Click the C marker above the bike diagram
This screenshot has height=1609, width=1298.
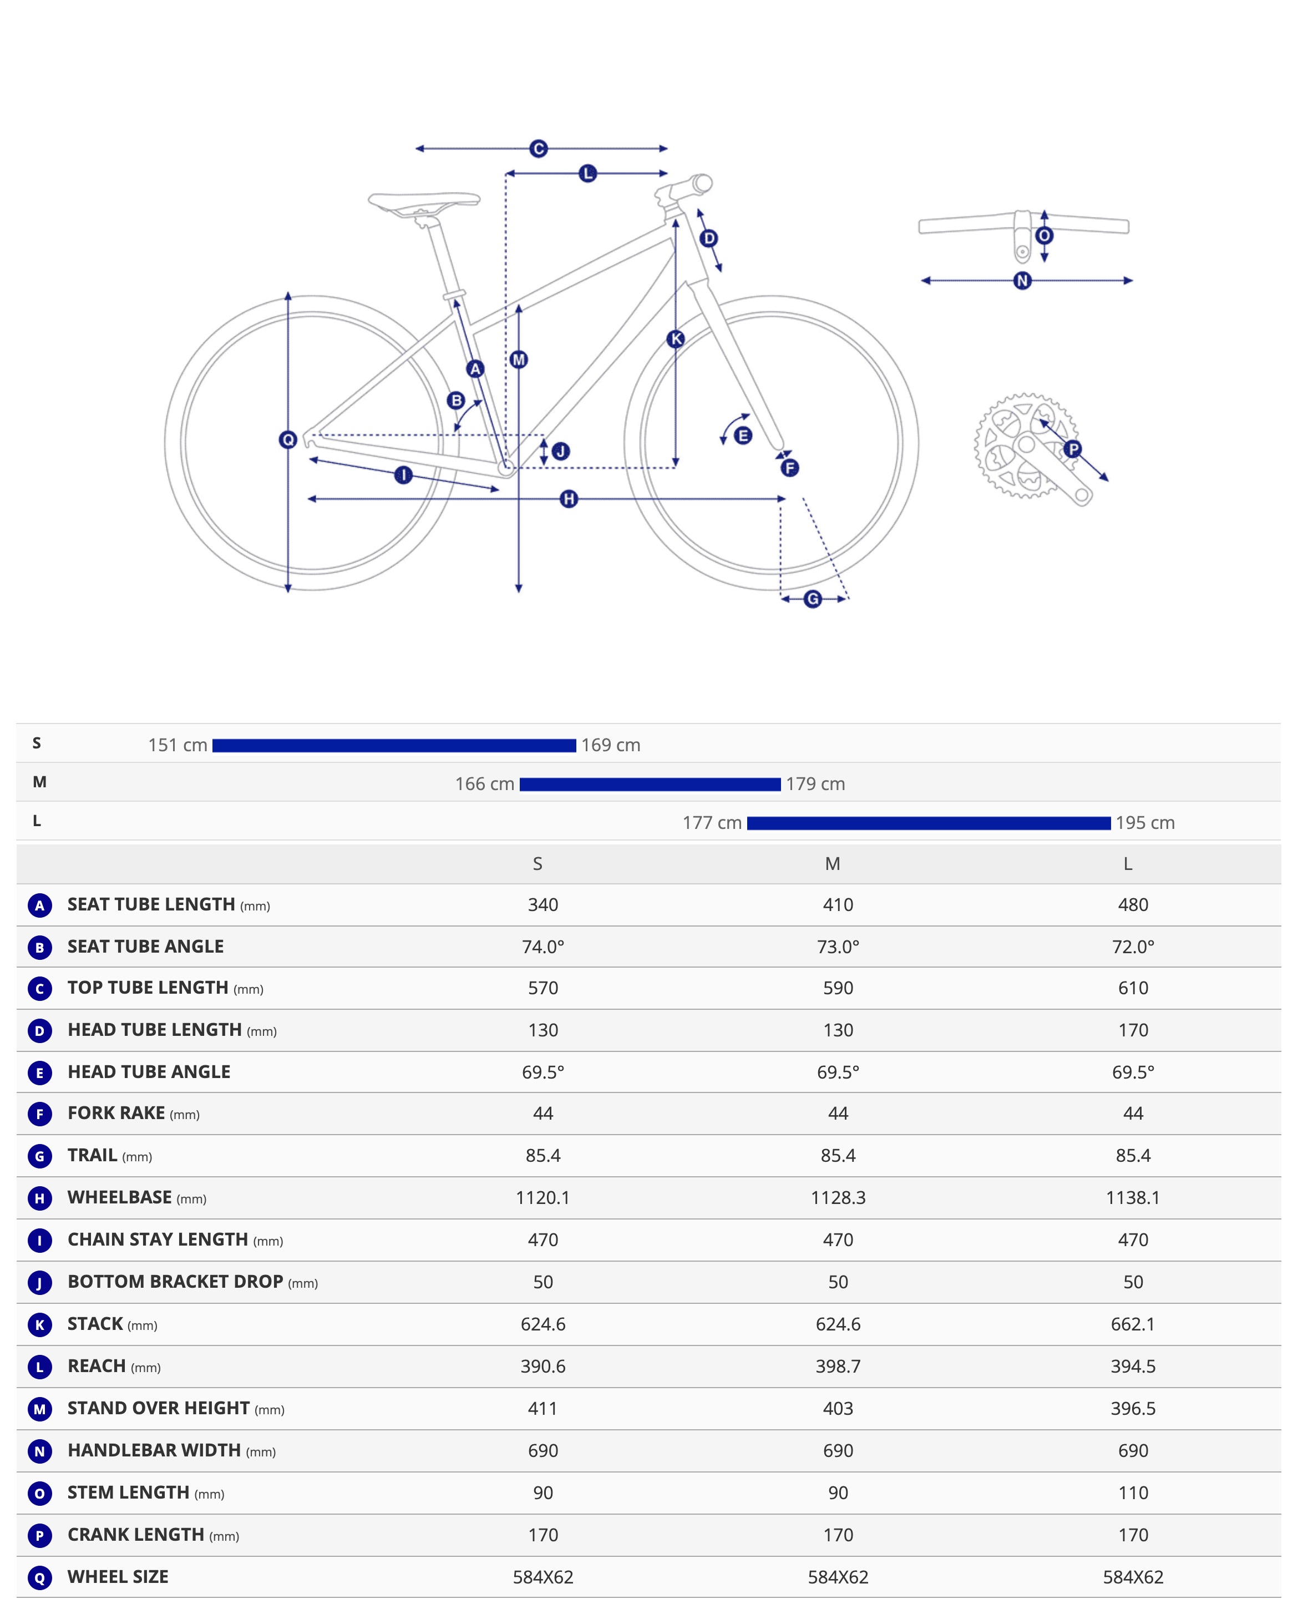pos(539,149)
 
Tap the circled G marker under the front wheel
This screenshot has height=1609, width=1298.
pos(813,599)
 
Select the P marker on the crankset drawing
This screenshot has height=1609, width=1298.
pos(1073,449)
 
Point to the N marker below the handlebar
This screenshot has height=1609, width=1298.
pos(1022,281)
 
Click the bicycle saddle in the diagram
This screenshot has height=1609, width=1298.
pos(423,203)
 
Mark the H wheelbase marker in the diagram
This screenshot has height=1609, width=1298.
pos(569,499)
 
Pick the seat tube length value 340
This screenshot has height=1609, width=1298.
pos(543,905)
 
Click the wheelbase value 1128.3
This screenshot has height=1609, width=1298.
pos(838,1198)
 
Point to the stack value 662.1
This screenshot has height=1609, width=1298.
pos(1133,1325)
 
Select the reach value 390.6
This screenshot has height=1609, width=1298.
pos(543,1367)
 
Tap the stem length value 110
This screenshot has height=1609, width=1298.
pos(1133,1493)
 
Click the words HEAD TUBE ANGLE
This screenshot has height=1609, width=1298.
pos(149,1072)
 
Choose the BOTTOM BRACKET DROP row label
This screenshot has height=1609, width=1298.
pos(175,1282)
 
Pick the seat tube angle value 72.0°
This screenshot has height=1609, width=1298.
pos(1133,947)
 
